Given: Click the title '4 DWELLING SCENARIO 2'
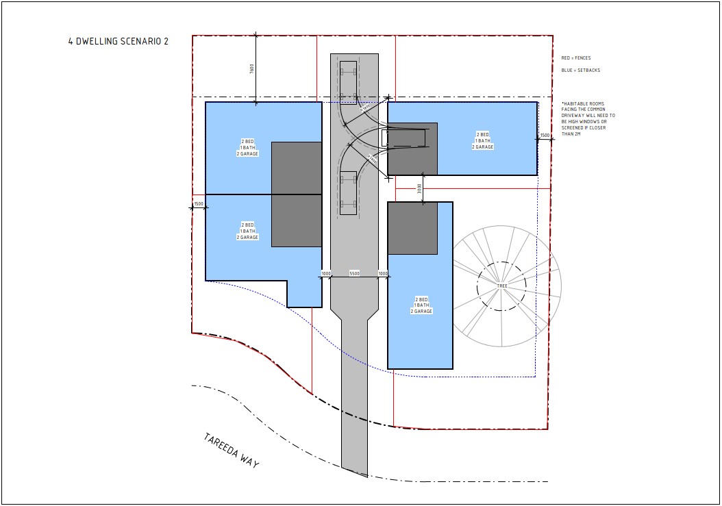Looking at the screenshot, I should [x=119, y=42].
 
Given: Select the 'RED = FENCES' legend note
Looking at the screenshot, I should [x=575, y=58].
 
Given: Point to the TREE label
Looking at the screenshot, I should [x=502, y=286].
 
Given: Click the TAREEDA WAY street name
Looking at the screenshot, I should [x=232, y=451].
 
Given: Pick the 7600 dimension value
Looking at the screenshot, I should [x=252, y=68].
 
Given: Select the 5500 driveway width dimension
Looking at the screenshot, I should [x=355, y=274].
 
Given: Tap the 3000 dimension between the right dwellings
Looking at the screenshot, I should [x=419, y=188].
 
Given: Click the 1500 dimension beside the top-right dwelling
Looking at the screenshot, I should [x=545, y=136].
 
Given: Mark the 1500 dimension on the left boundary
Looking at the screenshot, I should [x=198, y=204].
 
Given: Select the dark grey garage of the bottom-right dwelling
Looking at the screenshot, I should [x=412, y=228].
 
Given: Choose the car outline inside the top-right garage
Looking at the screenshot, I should [x=403, y=138].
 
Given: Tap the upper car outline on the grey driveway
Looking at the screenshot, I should [x=348, y=80].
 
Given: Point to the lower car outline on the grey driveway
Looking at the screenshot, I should [x=348, y=193].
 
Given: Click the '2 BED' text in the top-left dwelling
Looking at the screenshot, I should [x=247, y=142].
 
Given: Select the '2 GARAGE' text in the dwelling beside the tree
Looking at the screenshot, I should [x=421, y=312].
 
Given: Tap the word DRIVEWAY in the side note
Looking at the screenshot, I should [x=574, y=116].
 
